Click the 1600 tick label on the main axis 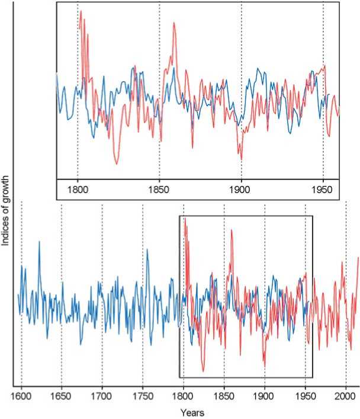21,394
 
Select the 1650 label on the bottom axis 62,394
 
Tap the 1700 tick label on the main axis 102,394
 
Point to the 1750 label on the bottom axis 143,394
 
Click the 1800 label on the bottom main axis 184,394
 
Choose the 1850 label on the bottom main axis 224,394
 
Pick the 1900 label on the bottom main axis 265,394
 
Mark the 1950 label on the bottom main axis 305,394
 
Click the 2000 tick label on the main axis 346,394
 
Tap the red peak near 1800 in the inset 81,11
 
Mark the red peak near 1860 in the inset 174,23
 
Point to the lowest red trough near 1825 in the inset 117,164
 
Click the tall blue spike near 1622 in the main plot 39,242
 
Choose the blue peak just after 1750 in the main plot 147,250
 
